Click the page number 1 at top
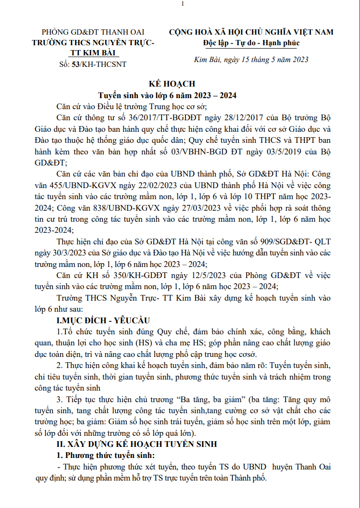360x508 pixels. pyautogui.click(x=183, y=4)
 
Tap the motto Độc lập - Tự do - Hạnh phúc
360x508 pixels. pyautogui.click(x=251, y=43)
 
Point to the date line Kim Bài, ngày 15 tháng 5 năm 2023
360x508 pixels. pyautogui.click(x=251, y=60)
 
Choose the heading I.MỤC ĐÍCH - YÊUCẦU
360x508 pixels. pyautogui.click(x=104, y=320)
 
